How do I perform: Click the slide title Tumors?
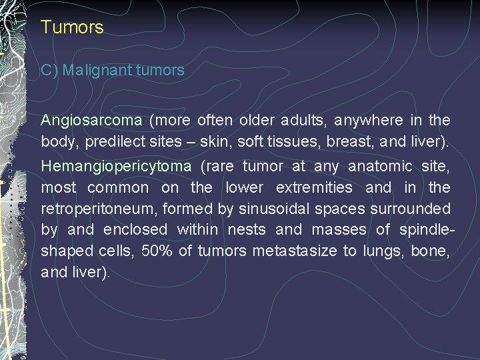click(x=72, y=27)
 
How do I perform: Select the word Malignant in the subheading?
click(x=96, y=70)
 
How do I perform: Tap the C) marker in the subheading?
click(x=49, y=70)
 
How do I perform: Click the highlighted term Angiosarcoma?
click(x=91, y=121)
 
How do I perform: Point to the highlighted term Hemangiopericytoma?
click(x=116, y=166)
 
